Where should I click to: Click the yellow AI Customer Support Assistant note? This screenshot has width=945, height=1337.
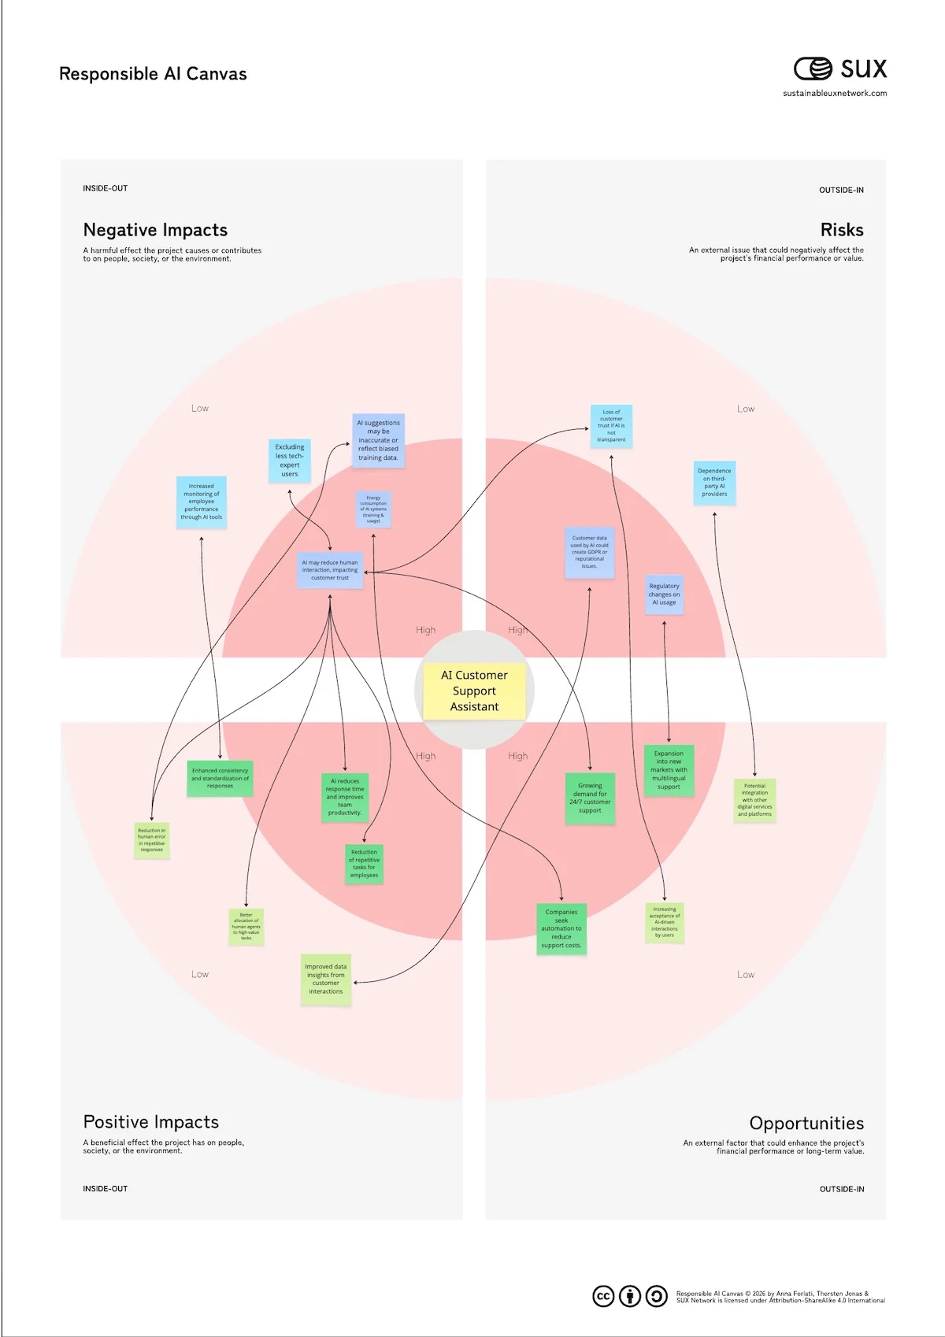pyautogui.click(x=474, y=691)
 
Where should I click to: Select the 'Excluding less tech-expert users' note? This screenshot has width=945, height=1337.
pyautogui.click(x=290, y=461)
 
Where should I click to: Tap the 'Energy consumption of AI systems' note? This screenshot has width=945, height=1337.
pyautogui.click(x=373, y=509)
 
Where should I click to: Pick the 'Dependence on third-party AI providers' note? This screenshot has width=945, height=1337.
pyautogui.click(x=714, y=483)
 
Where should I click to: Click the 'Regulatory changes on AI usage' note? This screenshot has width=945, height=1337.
pyautogui.click(x=664, y=594)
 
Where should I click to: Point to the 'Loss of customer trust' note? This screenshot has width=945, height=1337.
pyautogui.click(x=611, y=426)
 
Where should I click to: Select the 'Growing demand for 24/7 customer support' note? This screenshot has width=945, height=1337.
pyautogui.click(x=590, y=798)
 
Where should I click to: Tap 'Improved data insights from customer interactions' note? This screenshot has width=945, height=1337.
pyautogui.click(x=326, y=979)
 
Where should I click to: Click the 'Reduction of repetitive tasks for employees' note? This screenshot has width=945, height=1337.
pyautogui.click(x=364, y=864)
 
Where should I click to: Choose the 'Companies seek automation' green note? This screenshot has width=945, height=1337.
pyautogui.click(x=561, y=929)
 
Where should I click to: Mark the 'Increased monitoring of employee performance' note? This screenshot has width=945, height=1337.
pyautogui.click(x=202, y=502)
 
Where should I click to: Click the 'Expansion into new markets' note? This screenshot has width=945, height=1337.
pyautogui.click(x=669, y=770)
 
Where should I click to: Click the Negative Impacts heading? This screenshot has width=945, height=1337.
pyautogui.click(x=155, y=230)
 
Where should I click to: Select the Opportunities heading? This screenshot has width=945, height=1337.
pyautogui.click(x=806, y=1123)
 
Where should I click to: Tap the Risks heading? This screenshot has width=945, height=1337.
pyautogui.click(x=841, y=230)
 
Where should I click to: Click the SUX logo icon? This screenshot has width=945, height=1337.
pyautogui.click(x=813, y=69)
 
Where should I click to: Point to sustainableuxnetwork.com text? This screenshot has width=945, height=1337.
pyautogui.click(x=834, y=94)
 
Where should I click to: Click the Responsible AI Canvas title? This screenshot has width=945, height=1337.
pyautogui.click(x=153, y=74)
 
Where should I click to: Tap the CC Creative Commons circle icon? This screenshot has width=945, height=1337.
pyautogui.click(x=603, y=1296)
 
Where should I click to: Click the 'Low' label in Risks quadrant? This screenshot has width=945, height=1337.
pyautogui.click(x=745, y=409)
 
